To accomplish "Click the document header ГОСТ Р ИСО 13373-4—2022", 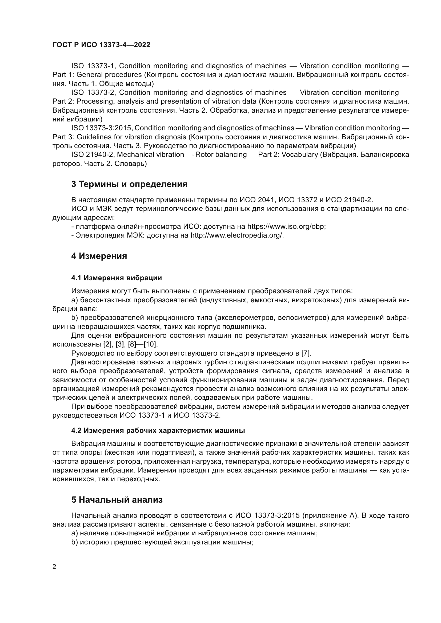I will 101,45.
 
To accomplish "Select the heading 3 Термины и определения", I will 129,184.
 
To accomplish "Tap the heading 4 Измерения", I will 99,256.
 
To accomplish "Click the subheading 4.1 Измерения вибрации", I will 117,278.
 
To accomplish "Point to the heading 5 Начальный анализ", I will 117,500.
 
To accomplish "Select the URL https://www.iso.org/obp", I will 286,226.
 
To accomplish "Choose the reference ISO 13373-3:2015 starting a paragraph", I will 102,128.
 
